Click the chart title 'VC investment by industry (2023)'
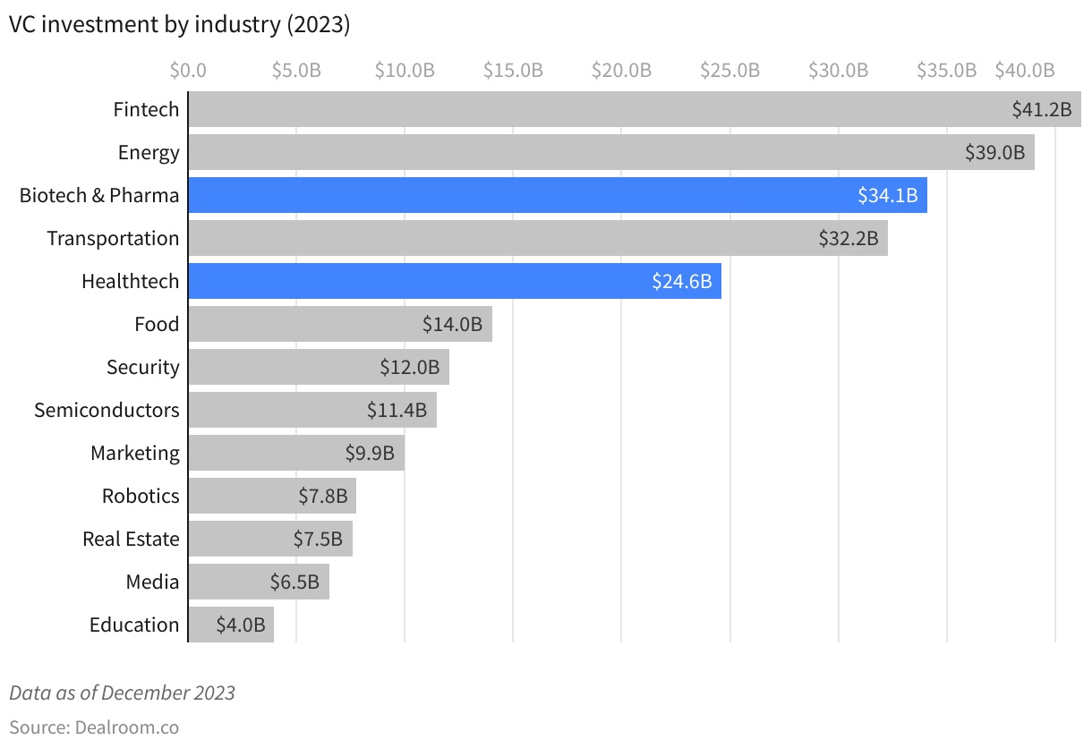click(179, 25)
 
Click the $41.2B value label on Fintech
click(1041, 110)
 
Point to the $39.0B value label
click(994, 152)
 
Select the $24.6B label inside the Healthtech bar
click(682, 282)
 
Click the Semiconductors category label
click(107, 410)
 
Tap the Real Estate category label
click(131, 539)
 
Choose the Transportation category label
click(113, 238)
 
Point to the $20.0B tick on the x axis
click(621, 71)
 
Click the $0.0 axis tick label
click(188, 71)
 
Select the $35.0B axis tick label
click(946, 71)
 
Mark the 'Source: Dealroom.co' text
click(94, 727)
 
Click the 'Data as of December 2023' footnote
click(122, 693)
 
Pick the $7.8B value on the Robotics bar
click(323, 497)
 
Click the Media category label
click(152, 582)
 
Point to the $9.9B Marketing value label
click(370, 454)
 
